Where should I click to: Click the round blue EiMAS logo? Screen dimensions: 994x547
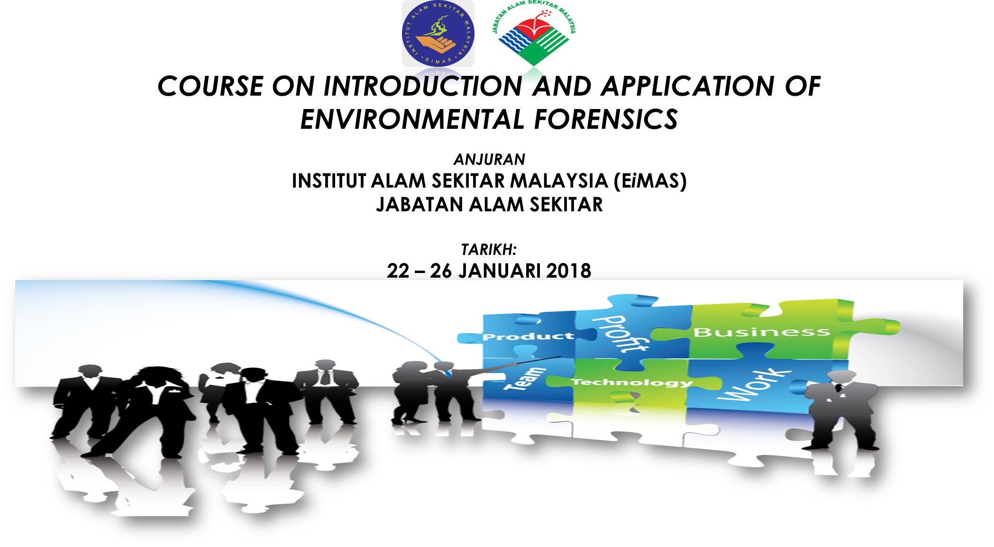[438, 34]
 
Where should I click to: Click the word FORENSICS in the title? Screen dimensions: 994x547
[606, 119]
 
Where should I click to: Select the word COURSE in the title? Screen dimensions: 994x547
[210, 86]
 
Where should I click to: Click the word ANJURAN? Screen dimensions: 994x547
[489, 159]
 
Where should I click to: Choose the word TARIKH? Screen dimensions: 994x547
[489, 249]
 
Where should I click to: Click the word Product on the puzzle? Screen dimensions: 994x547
[528, 337]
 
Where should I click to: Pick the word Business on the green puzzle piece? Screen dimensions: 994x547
[762, 332]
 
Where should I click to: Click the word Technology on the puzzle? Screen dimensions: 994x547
[632, 382]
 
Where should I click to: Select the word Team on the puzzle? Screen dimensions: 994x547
[526, 379]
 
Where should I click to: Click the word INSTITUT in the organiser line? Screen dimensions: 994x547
[329, 181]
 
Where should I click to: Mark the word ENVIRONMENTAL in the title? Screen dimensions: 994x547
[412, 119]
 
